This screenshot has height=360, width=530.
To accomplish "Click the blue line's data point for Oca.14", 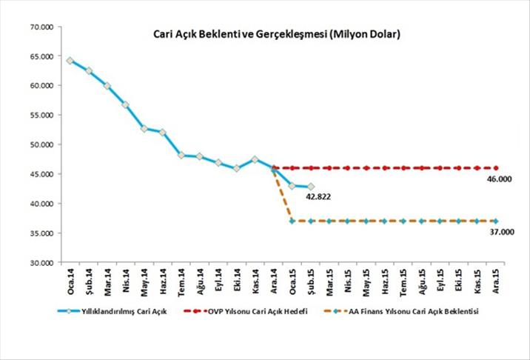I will [70, 61].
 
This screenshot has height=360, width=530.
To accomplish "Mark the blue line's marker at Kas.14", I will [255, 159].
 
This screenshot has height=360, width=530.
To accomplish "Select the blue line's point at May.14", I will [144, 129].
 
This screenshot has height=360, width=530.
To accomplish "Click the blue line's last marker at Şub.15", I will [310, 187].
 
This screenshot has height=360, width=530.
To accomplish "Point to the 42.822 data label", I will [320, 198].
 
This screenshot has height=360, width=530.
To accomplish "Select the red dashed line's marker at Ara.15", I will [495, 168].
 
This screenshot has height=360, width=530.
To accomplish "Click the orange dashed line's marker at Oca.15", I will [292, 221].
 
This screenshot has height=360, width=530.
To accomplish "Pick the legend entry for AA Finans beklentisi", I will [415, 312].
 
